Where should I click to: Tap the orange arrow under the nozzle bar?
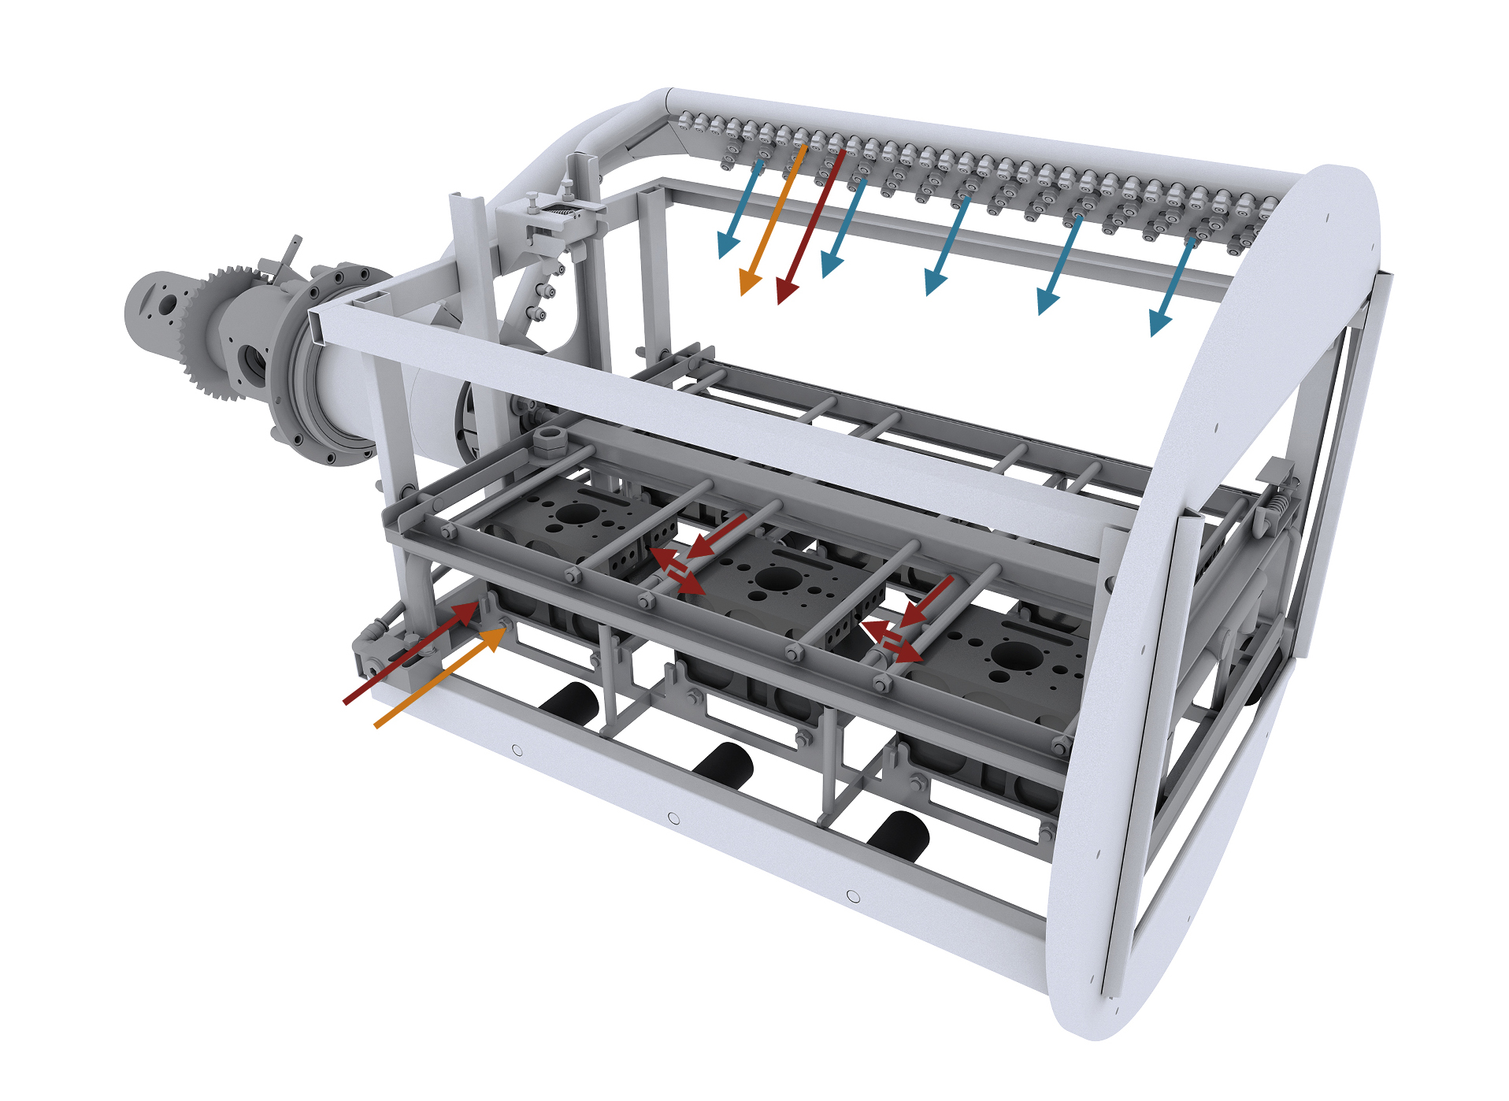pos(772,221)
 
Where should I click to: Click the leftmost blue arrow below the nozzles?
pos(740,209)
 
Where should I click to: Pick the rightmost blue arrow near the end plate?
pos(1173,287)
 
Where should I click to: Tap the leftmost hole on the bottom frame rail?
pos(517,751)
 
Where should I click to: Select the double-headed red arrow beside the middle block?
pos(677,571)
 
